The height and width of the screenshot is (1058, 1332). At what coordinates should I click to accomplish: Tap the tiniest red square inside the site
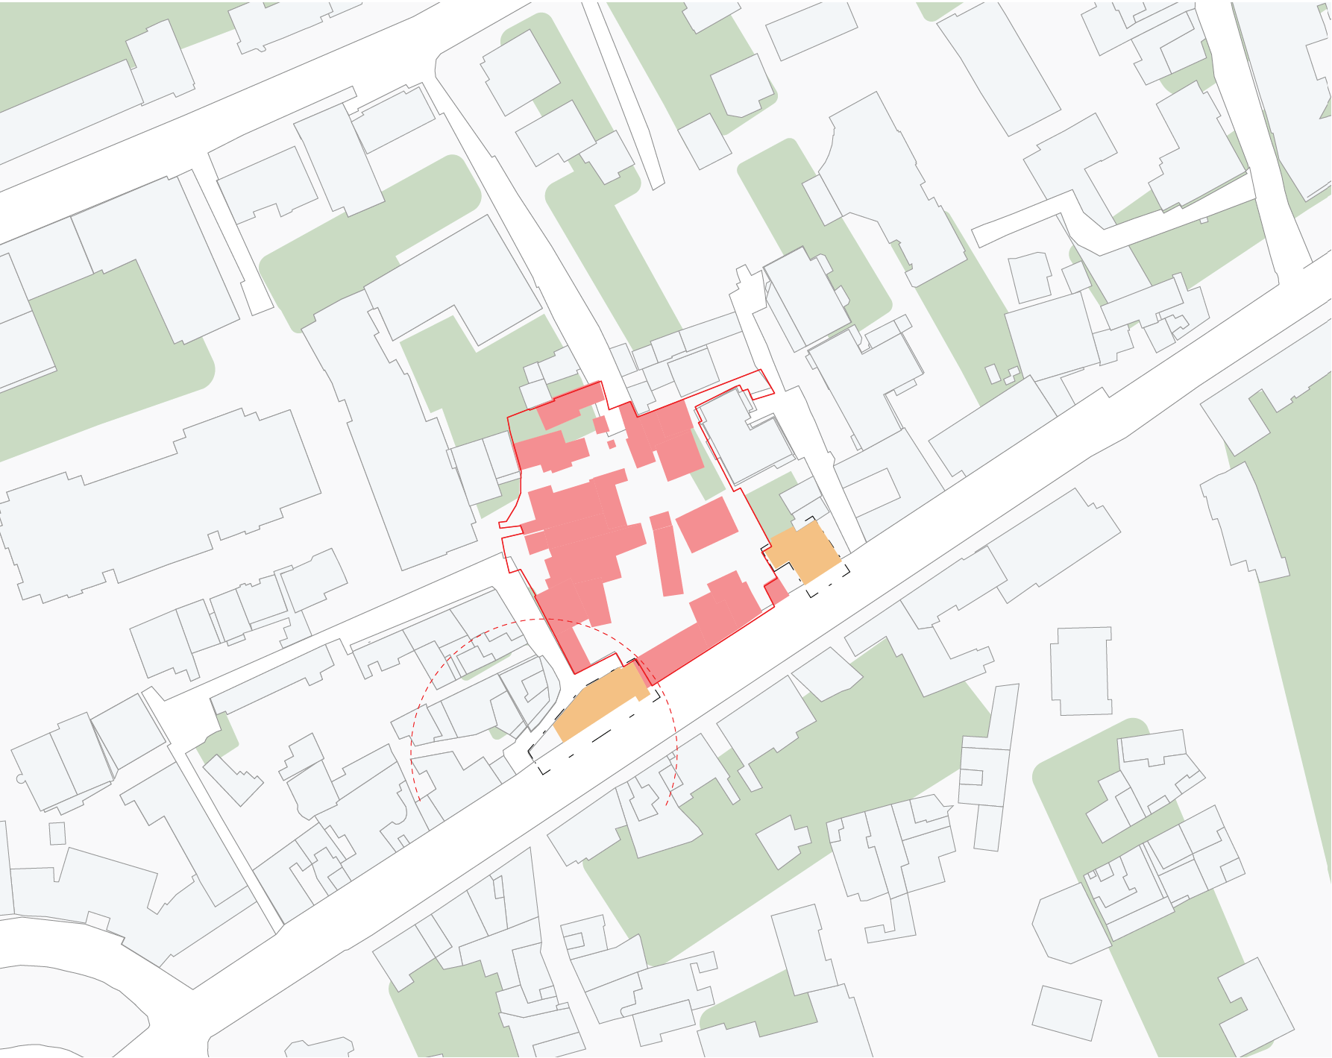612,444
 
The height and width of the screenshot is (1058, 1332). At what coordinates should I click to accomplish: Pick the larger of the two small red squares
600,425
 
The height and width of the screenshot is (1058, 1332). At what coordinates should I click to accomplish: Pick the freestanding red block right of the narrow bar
706,524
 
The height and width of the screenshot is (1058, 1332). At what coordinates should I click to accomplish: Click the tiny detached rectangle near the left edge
57,833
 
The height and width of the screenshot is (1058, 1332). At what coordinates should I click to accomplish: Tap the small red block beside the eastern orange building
776,592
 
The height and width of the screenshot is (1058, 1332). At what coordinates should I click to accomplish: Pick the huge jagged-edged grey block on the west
160,500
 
